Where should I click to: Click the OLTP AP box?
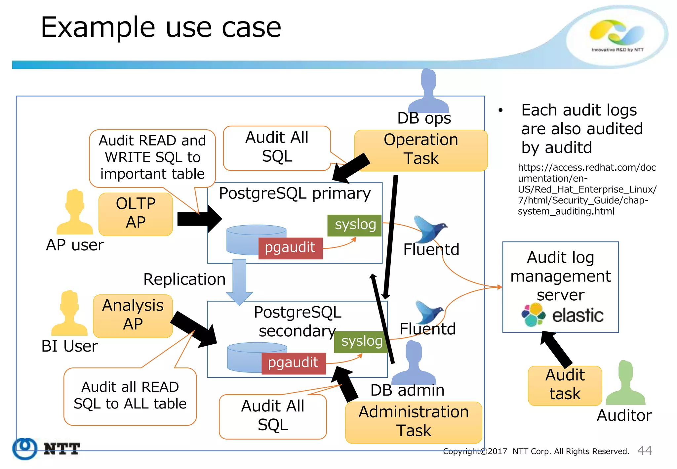(x=136, y=214)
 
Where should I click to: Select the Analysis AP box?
(x=133, y=316)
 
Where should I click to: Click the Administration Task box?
(x=413, y=422)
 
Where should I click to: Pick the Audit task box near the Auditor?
(x=565, y=386)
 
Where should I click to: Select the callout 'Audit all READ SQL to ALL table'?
(x=130, y=396)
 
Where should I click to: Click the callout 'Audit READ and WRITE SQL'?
(x=152, y=157)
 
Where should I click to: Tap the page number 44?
(x=644, y=450)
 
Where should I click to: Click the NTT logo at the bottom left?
(x=46, y=449)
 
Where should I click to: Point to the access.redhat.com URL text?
(x=586, y=189)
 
